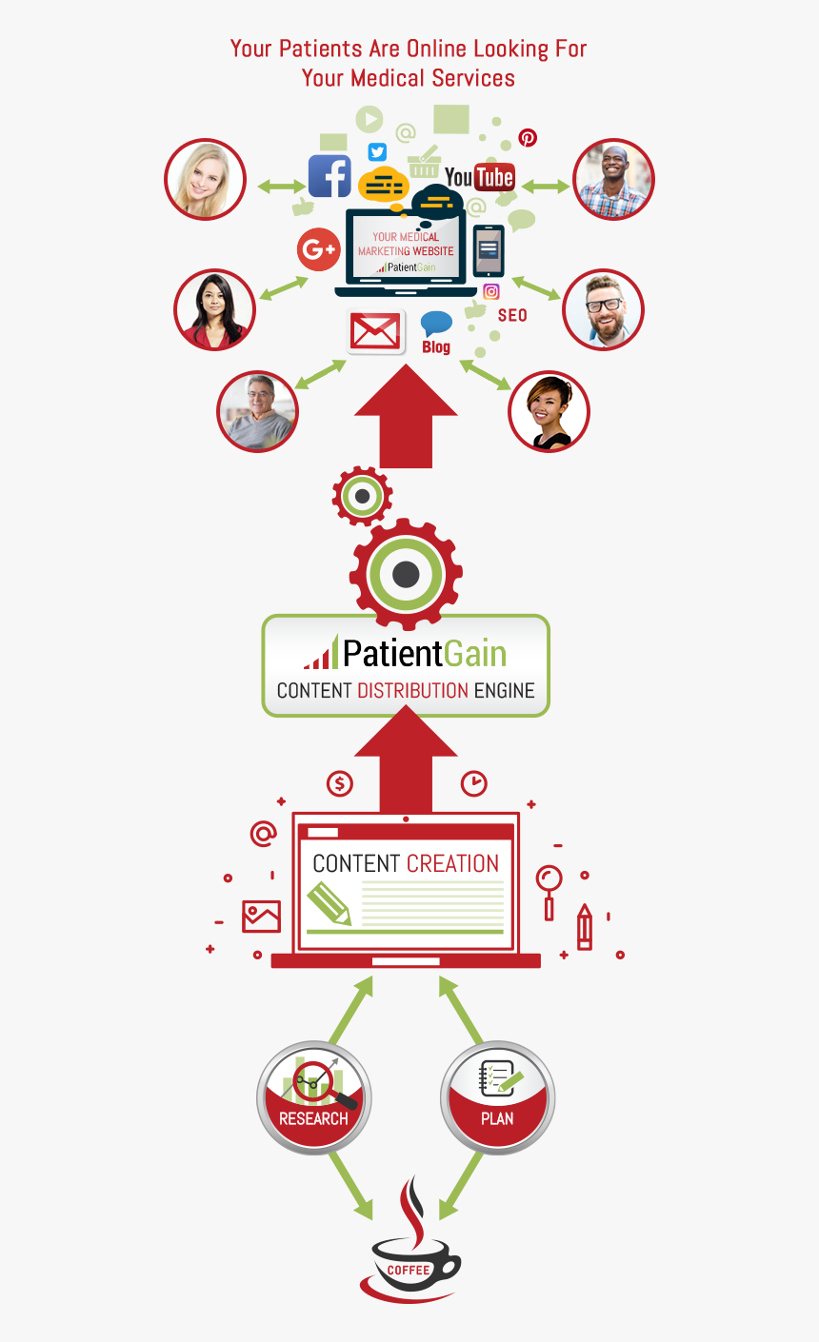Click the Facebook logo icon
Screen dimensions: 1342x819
(x=330, y=176)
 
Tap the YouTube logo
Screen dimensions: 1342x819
(x=480, y=177)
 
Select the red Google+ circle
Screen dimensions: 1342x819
(x=318, y=250)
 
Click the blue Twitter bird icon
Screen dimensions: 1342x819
(x=377, y=152)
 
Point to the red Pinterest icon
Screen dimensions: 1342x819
(x=528, y=138)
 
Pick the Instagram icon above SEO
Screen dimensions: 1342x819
(x=491, y=292)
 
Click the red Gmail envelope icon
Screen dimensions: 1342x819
(x=375, y=332)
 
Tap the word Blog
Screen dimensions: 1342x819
(x=436, y=347)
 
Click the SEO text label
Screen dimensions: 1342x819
(x=512, y=315)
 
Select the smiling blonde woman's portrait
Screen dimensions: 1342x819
(x=205, y=180)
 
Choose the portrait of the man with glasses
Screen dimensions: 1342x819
(x=603, y=309)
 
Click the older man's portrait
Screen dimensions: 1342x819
(x=258, y=410)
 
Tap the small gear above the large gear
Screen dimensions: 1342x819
(x=362, y=496)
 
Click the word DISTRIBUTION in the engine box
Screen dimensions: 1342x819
(x=412, y=690)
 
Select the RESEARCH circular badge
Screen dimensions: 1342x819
(x=314, y=1100)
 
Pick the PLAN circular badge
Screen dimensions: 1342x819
(x=497, y=1100)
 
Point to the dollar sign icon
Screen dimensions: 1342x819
(x=340, y=784)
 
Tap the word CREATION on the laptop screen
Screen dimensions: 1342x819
(x=452, y=863)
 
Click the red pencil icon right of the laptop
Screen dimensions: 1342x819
(x=584, y=927)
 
